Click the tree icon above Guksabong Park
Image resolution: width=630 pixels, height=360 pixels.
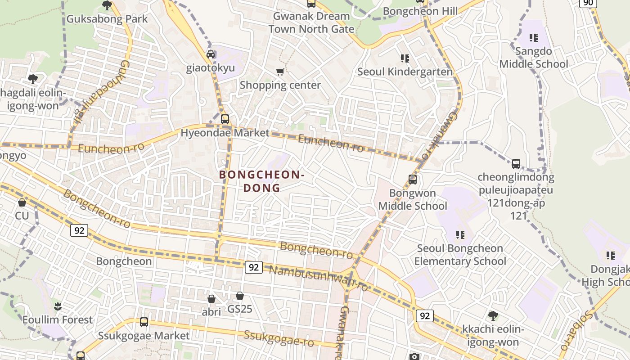(x=107, y=5)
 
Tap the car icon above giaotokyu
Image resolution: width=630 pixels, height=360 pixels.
(x=211, y=54)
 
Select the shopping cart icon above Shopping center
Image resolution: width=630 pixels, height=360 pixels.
(x=280, y=72)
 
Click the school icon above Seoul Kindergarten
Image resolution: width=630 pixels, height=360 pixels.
(x=405, y=58)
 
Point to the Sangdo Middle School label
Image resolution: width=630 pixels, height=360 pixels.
(x=533, y=58)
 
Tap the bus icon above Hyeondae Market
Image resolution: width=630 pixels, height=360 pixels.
(x=225, y=119)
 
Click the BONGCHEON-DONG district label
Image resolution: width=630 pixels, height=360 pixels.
(x=262, y=181)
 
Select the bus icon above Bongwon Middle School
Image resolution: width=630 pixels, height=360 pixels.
(x=413, y=180)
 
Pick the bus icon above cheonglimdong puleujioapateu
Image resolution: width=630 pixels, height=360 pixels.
(x=516, y=163)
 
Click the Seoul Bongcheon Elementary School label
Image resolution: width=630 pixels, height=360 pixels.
(x=460, y=255)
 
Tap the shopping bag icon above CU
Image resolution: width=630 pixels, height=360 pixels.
(x=22, y=203)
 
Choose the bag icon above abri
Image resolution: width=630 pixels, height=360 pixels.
(x=211, y=298)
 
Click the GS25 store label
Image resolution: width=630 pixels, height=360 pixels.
(x=240, y=309)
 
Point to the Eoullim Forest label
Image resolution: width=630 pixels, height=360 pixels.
(x=58, y=320)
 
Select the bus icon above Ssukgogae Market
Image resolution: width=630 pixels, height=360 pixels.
(x=144, y=322)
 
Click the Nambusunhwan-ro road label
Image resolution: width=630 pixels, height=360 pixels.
(x=318, y=278)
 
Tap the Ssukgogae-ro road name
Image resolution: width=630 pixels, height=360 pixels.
(x=279, y=338)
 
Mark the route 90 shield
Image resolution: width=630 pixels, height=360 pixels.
(x=588, y=3)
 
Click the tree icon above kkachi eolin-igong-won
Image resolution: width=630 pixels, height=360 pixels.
(x=493, y=315)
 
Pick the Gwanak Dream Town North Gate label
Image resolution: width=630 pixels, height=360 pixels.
(x=311, y=22)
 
